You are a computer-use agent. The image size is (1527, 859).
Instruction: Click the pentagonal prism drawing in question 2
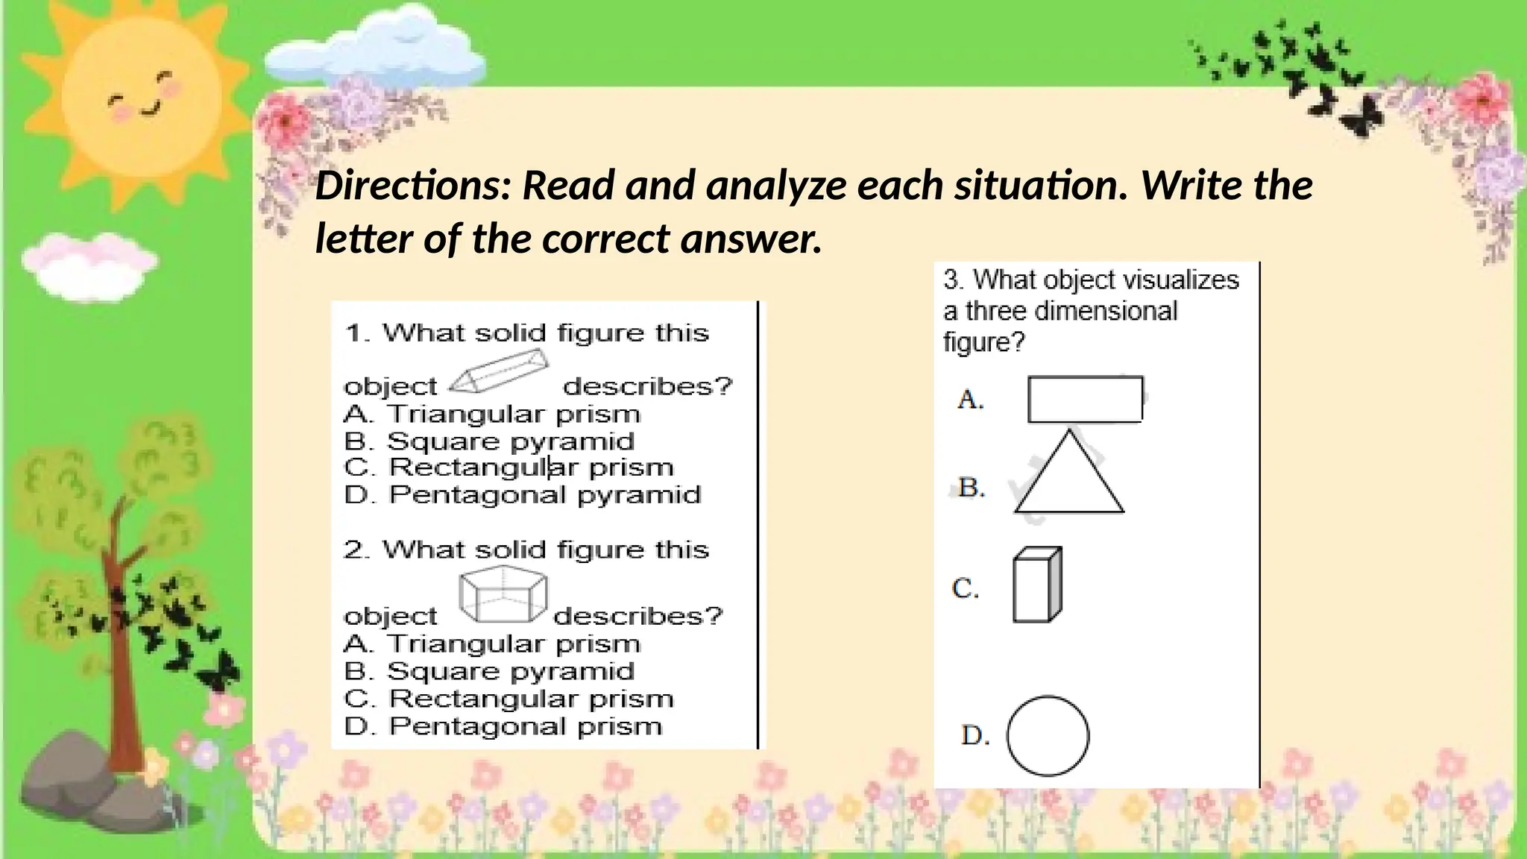tap(503, 594)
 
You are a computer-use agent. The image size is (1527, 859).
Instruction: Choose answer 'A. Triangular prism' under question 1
tap(492, 414)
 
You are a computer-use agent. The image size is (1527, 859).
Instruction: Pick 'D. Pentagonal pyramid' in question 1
tap(523, 495)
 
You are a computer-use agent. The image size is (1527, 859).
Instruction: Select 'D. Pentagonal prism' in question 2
tap(503, 726)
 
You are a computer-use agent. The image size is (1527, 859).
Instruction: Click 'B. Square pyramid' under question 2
tap(489, 671)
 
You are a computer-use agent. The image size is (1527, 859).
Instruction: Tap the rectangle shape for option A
tap(1085, 399)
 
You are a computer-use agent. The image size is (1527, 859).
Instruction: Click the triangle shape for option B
tap(1069, 477)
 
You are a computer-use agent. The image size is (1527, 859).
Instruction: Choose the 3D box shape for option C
tap(1037, 585)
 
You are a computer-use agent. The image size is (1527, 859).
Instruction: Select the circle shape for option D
tap(1048, 736)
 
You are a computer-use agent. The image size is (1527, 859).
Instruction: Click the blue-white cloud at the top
tap(377, 49)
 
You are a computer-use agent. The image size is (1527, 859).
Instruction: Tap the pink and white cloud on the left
tap(88, 262)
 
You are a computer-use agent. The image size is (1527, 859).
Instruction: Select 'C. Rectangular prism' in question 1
tap(509, 468)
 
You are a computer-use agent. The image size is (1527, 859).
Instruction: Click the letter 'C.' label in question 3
tap(966, 589)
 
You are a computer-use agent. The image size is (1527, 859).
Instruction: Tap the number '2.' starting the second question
tap(357, 550)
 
